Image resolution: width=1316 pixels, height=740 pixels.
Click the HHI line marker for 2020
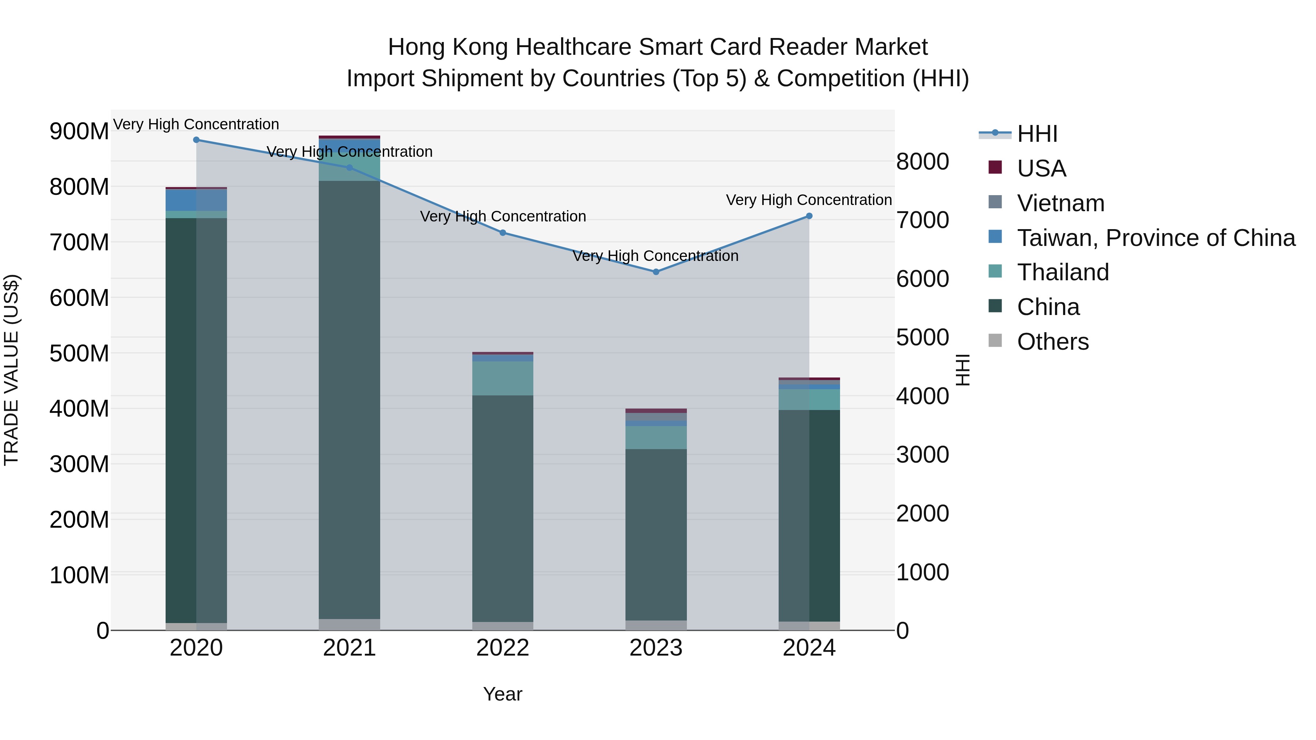pyautogui.click(x=196, y=140)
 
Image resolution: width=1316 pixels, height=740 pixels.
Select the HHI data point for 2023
pyautogui.click(x=656, y=272)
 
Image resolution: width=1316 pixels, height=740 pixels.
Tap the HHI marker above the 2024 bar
pyautogui.click(x=809, y=216)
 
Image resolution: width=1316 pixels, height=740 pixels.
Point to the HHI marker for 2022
pyautogui.click(x=503, y=233)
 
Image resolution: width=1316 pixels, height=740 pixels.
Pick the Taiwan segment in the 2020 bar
pyautogui.click(x=196, y=200)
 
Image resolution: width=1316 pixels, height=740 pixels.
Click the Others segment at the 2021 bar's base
pyautogui.click(x=349, y=625)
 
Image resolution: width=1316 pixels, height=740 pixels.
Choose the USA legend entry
pyautogui.click(x=1041, y=168)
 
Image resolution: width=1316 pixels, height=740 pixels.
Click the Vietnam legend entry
pyautogui.click(x=1060, y=203)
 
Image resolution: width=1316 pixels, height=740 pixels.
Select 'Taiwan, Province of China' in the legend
pyautogui.click(x=1156, y=238)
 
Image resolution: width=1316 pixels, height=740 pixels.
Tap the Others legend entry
pyautogui.click(x=1052, y=342)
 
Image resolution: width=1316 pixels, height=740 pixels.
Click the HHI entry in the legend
pyautogui.click(x=1037, y=134)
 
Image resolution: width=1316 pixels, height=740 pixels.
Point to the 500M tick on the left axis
pyautogui.click(x=79, y=353)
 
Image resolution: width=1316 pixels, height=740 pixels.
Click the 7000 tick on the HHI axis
pyautogui.click(x=923, y=220)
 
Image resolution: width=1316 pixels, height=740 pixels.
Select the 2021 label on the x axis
pyautogui.click(x=349, y=648)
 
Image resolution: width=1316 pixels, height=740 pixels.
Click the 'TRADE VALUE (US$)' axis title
pyautogui.click(x=12, y=370)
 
